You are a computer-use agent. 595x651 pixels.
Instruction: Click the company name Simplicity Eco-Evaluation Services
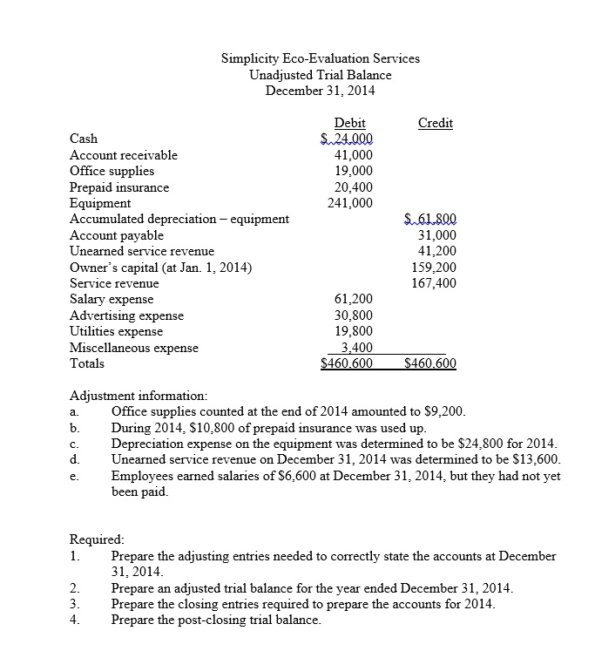[320, 58]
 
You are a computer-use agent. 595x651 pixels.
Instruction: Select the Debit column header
[349, 123]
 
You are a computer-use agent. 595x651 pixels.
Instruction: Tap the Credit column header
[435, 123]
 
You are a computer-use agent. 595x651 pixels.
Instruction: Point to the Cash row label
[84, 139]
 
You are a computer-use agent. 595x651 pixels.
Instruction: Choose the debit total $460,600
[348, 364]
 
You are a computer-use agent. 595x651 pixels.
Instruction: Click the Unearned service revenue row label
[141, 251]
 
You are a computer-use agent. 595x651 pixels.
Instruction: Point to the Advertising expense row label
[126, 315]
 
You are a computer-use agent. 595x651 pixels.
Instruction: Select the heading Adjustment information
[138, 395]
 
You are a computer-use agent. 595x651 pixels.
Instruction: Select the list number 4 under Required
[75, 620]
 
